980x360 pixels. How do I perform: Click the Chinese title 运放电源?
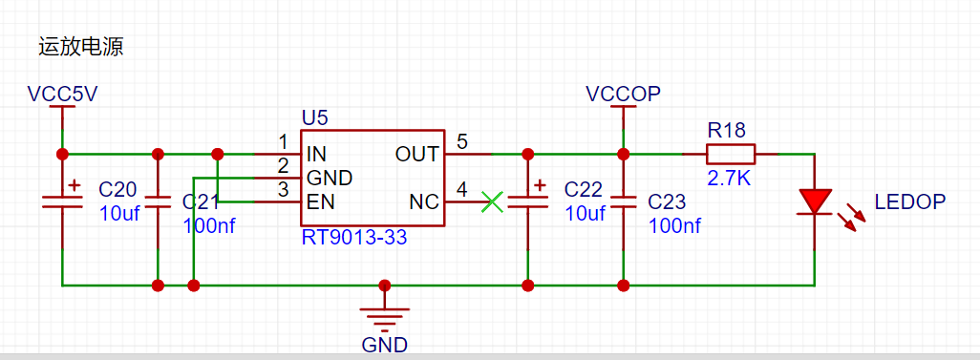(81, 48)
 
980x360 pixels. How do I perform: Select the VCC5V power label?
(62, 94)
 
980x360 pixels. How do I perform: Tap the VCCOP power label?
(623, 94)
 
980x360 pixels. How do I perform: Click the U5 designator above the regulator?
(314, 118)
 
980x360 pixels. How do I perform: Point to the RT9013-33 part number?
(354, 238)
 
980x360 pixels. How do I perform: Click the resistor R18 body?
(731, 154)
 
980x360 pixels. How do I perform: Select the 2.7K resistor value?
(728, 179)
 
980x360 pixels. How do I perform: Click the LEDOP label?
(910, 201)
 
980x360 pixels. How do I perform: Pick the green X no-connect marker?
(493, 201)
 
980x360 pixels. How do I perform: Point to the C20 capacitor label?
(118, 189)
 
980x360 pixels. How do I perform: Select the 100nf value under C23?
(675, 225)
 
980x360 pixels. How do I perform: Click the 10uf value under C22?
(586, 213)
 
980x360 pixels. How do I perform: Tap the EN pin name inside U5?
(320, 202)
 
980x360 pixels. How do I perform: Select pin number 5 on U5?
(462, 141)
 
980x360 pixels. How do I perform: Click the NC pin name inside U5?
(425, 202)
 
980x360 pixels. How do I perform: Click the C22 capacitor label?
(584, 189)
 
